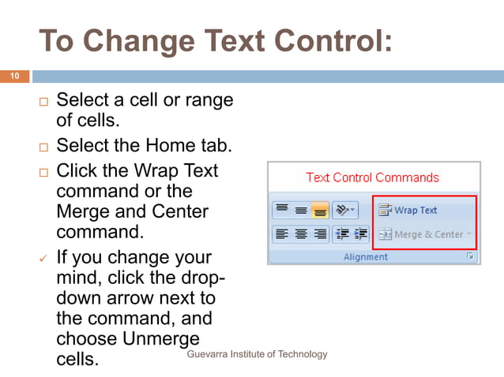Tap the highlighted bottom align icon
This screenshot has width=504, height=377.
pos(319,211)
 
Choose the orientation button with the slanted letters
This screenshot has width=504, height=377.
pos(345,211)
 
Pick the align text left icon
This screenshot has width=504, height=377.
pos(282,233)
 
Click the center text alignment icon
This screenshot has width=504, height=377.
pos(301,233)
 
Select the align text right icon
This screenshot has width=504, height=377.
pos(320,233)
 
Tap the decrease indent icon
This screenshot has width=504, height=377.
pos(343,233)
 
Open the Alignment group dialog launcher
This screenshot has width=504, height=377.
pos(470,256)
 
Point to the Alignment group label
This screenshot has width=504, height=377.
pos(365,257)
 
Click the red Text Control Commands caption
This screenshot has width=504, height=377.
pos(372,177)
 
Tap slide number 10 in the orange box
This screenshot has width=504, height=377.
pos(14,77)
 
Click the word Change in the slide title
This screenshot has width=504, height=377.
pos(139,41)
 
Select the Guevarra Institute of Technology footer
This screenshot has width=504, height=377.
pos(257,354)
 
